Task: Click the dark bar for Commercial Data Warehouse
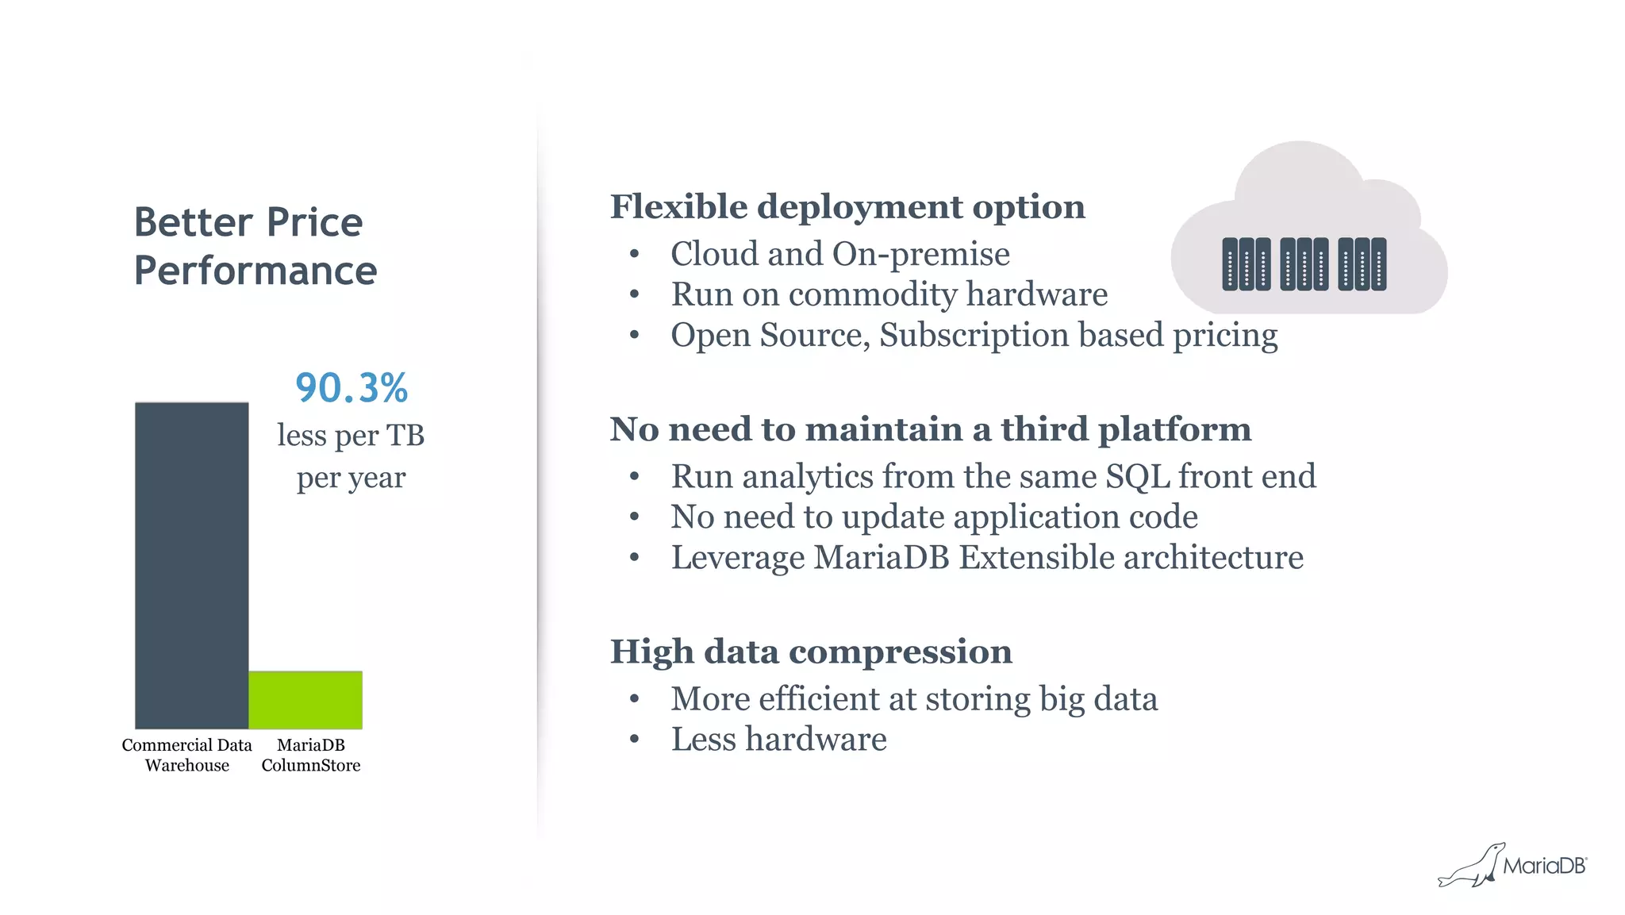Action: point(191,565)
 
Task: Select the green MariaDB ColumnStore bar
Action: point(305,700)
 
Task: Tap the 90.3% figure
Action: point(352,388)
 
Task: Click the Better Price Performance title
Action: point(255,246)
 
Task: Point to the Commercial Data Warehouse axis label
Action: point(187,755)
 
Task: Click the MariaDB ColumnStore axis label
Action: point(311,755)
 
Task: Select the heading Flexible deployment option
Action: point(847,206)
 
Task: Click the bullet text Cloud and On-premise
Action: point(839,254)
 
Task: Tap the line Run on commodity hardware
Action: point(889,294)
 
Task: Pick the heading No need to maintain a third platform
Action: point(930,429)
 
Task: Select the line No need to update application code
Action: point(934,517)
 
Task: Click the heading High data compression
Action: point(811,652)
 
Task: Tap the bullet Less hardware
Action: point(778,740)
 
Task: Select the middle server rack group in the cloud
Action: point(1304,264)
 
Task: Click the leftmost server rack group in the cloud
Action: point(1246,264)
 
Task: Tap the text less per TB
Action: point(351,436)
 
